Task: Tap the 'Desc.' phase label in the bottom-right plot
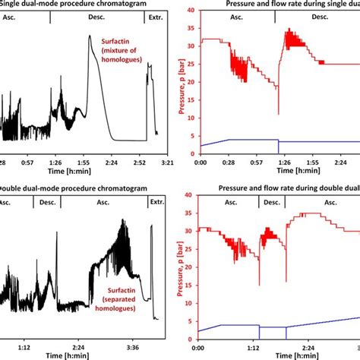point(271,203)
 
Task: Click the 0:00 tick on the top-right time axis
point(201,163)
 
